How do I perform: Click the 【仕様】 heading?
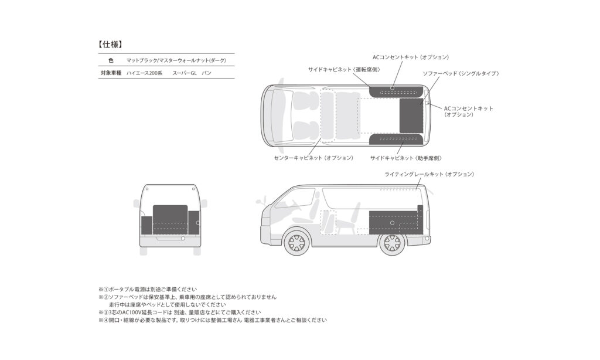click(x=110, y=45)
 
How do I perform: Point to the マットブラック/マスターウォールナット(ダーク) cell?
click(x=176, y=60)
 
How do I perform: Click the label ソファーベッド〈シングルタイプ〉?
click(x=461, y=73)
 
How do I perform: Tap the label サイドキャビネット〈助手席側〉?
click(x=406, y=158)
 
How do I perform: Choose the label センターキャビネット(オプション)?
click(x=314, y=158)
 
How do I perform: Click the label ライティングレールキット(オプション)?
click(x=429, y=174)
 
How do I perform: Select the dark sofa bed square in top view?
click(x=411, y=116)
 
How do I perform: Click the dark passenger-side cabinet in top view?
click(x=396, y=139)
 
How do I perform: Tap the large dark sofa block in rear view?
click(x=170, y=219)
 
